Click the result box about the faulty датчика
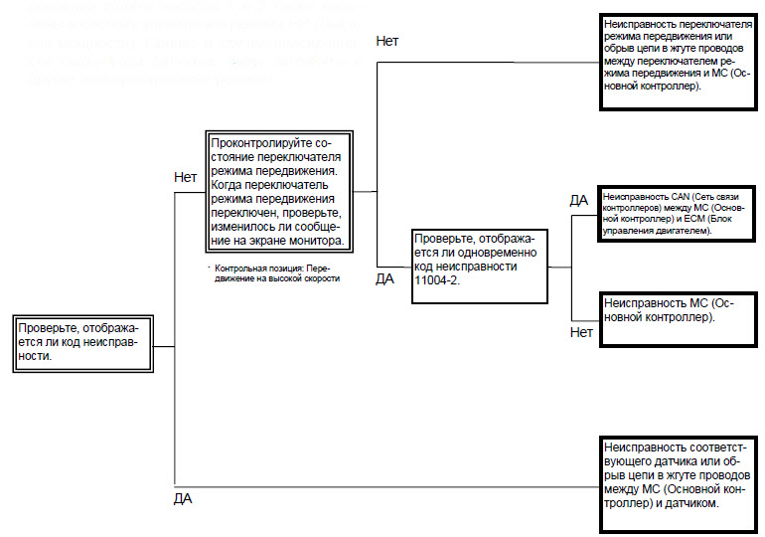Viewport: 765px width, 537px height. pyautogui.click(x=676, y=475)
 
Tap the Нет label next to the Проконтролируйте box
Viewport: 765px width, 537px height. pyautogui.click(x=186, y=177)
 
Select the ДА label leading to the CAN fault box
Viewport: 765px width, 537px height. pyautogui.click(x=579, y=200)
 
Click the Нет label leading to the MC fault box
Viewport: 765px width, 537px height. pyautogui.click(x=582, y=333)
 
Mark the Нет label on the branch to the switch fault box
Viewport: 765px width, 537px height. pyautogui.click(x=388, y=41)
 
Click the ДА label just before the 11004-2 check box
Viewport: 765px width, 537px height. pyautogui.click(x=385, y=278)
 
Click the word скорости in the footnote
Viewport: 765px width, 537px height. pyautogui.click(x=321, y=279)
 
